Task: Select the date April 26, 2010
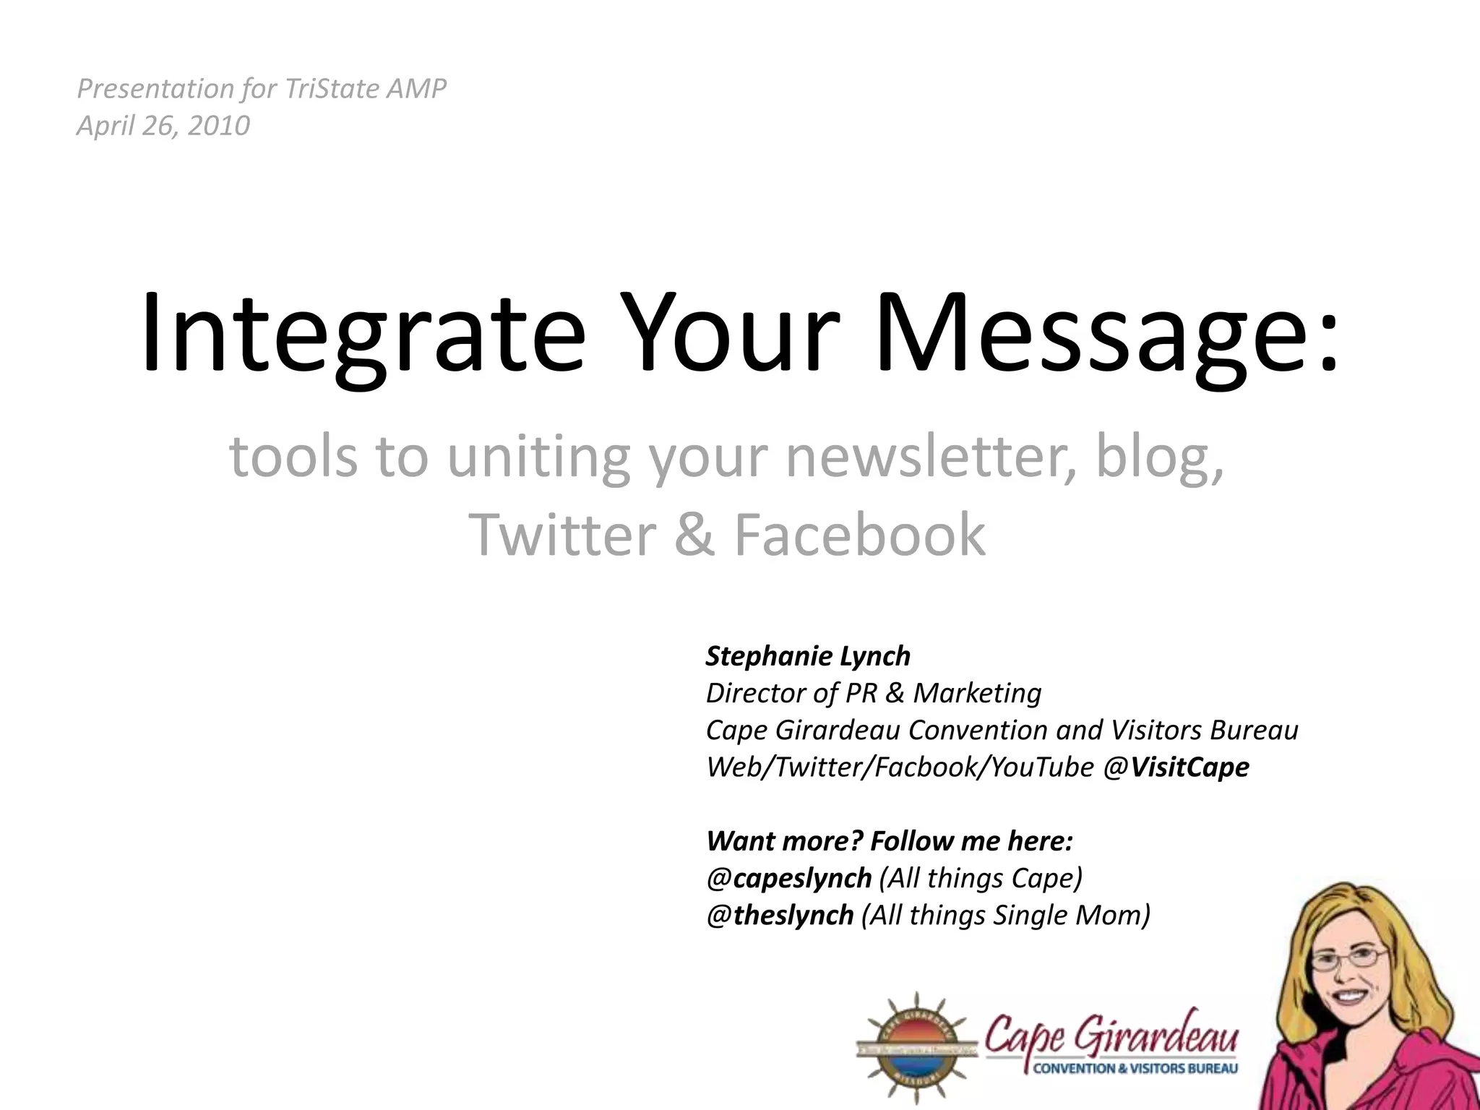[x=163, y=126]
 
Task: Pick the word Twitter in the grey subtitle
[x=562, y=535]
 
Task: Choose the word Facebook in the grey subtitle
[x=859, y=535]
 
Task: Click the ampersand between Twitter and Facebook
[x=695, y=535]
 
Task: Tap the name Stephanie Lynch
[x=808, y=656]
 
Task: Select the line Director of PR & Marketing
[x=874, y=693]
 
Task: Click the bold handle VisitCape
[x=1189, y=767]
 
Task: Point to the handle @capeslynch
[x=789, y=878]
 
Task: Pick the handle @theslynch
[x=780, y=915]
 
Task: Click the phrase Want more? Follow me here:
[x=890, y=841]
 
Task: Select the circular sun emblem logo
[x=916, y=1047]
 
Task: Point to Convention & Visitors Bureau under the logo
[x=1135, y=1069]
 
